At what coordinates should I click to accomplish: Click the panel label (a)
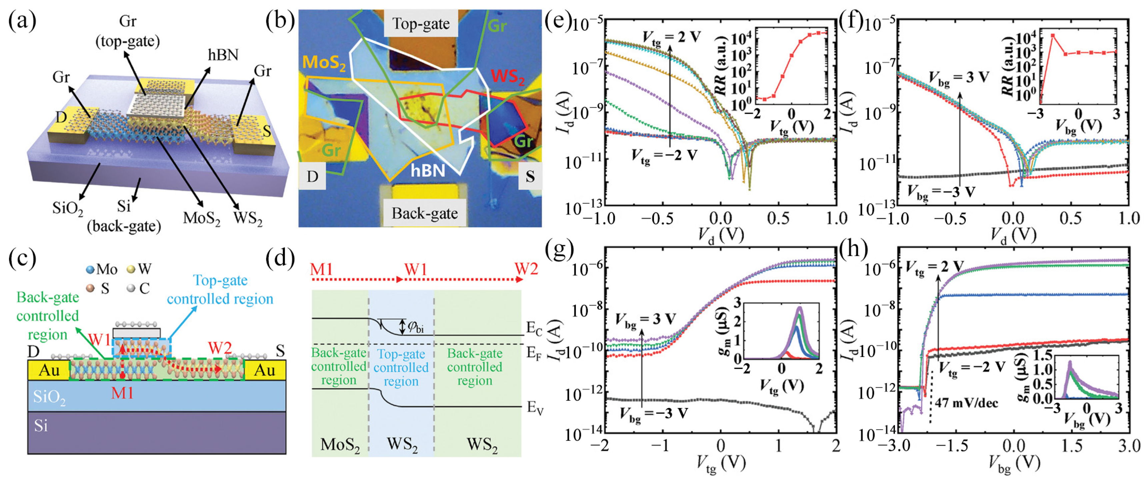[22, 21]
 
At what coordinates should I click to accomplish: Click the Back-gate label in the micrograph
[424, 213]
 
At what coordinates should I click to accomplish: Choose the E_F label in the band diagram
[534, 354]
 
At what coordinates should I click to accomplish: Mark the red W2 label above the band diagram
[526, 269]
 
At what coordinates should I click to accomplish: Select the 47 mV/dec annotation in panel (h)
[966, 403]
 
